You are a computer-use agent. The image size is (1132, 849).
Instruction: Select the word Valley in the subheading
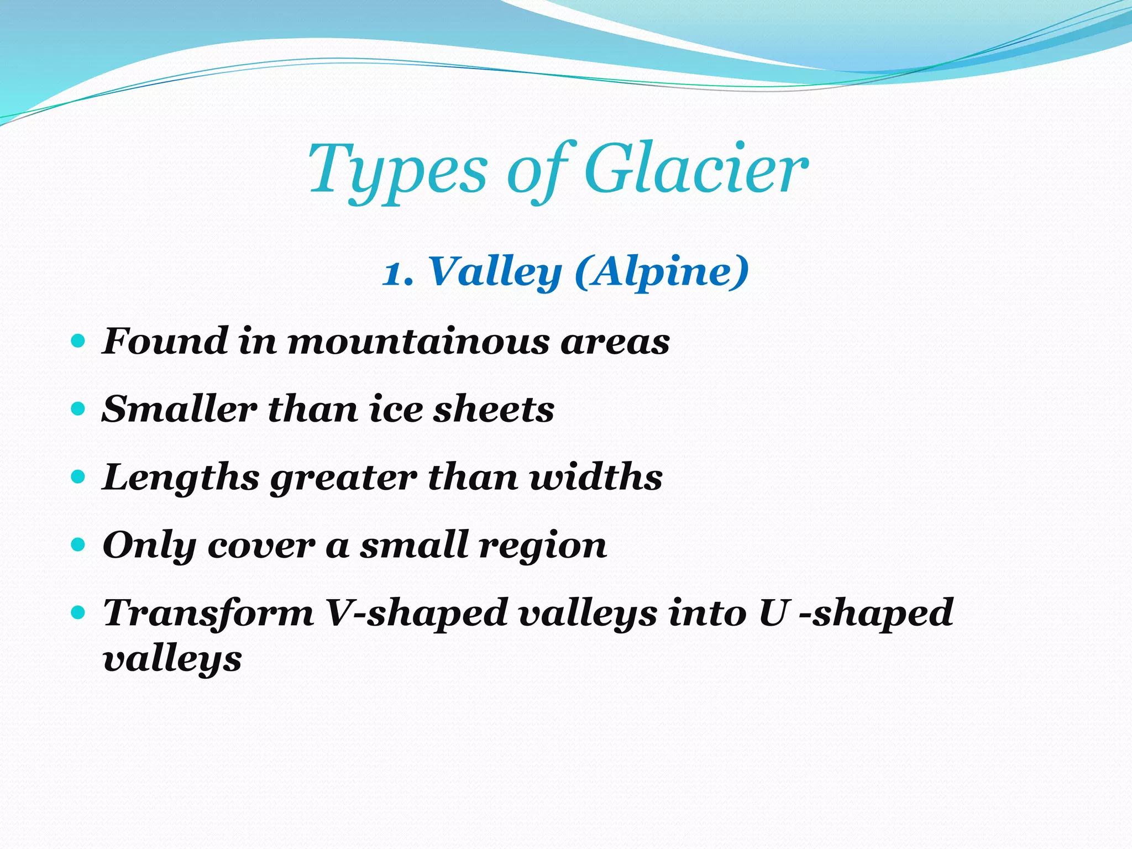click(x=495, y=272)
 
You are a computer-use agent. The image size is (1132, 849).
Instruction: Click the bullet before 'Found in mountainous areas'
click(x=78, y=340)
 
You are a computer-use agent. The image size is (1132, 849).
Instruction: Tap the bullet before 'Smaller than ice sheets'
click(x=78, y=409)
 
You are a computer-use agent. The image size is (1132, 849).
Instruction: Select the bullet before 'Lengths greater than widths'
click(x=78, y=476)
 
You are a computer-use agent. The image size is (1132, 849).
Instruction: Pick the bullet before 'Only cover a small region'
click(x=78, y=545)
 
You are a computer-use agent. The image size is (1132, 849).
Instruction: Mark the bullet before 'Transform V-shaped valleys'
click(x=78, y=612)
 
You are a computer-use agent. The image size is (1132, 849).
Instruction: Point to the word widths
click(x=596, y=477)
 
